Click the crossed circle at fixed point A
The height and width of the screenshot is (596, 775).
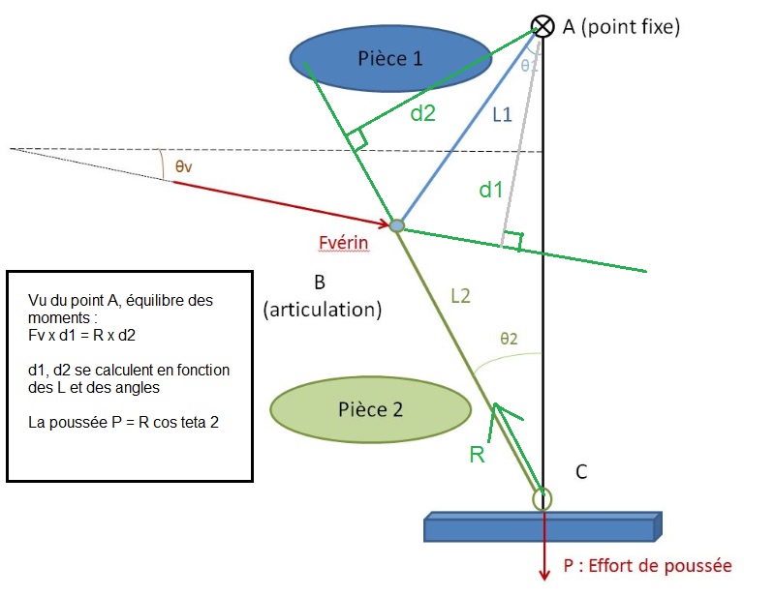point(543,26)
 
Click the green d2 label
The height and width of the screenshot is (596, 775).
point(421,113)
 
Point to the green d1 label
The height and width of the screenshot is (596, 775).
point(492,190)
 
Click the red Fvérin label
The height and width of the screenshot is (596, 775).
point(343,243)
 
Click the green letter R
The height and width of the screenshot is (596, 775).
point(477,454)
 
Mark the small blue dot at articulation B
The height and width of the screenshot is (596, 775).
point(396,225)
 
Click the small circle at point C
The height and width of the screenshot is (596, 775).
point(542,499)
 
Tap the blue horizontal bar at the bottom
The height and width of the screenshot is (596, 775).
point(543,526)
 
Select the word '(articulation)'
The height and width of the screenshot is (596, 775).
point(323,311)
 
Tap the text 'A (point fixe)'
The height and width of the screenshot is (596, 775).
point(621,27)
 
